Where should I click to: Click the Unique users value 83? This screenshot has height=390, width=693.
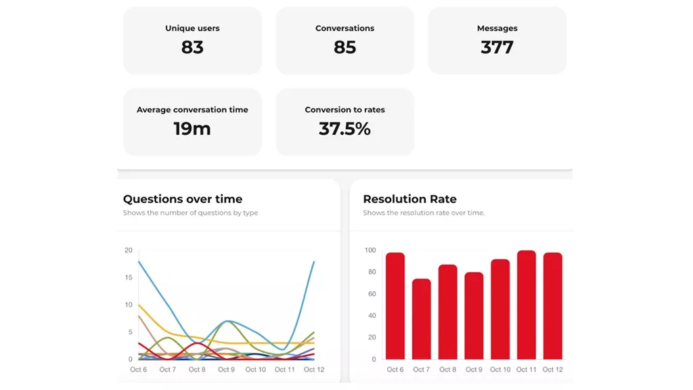coord(192,47)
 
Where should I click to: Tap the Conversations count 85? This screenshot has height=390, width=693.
coord(344,47)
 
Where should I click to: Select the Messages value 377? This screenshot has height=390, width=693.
coord(497,47)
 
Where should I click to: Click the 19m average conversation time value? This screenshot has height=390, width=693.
coord(192,129)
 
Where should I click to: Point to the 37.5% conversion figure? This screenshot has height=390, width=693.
coord(344,129)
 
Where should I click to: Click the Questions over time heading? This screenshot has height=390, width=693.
coord(183,199)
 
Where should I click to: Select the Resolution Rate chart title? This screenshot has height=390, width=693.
coord(409,199)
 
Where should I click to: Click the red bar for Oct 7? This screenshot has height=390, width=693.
coord(421,319)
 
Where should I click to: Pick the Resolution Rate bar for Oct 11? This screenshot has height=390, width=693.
coord(527,305)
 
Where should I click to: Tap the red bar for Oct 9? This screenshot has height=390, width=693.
coord(474,316)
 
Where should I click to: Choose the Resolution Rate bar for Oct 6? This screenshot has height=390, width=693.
coord(395,306)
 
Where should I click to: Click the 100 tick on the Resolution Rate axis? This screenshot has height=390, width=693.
coord(370,251)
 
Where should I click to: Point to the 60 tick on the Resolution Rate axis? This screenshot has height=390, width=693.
coord(371,294)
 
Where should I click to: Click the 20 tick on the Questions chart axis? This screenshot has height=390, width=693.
coord(129,251)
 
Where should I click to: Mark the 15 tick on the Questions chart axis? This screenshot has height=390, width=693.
coord(129,278)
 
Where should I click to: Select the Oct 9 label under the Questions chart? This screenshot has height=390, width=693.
coord(226,370)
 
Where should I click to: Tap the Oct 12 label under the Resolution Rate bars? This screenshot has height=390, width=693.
coord(552,370)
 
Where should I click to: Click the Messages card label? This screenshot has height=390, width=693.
coord(497,28)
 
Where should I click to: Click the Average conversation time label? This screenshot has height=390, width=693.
coord(192,110)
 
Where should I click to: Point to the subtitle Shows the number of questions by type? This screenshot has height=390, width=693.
coord(190,213)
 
